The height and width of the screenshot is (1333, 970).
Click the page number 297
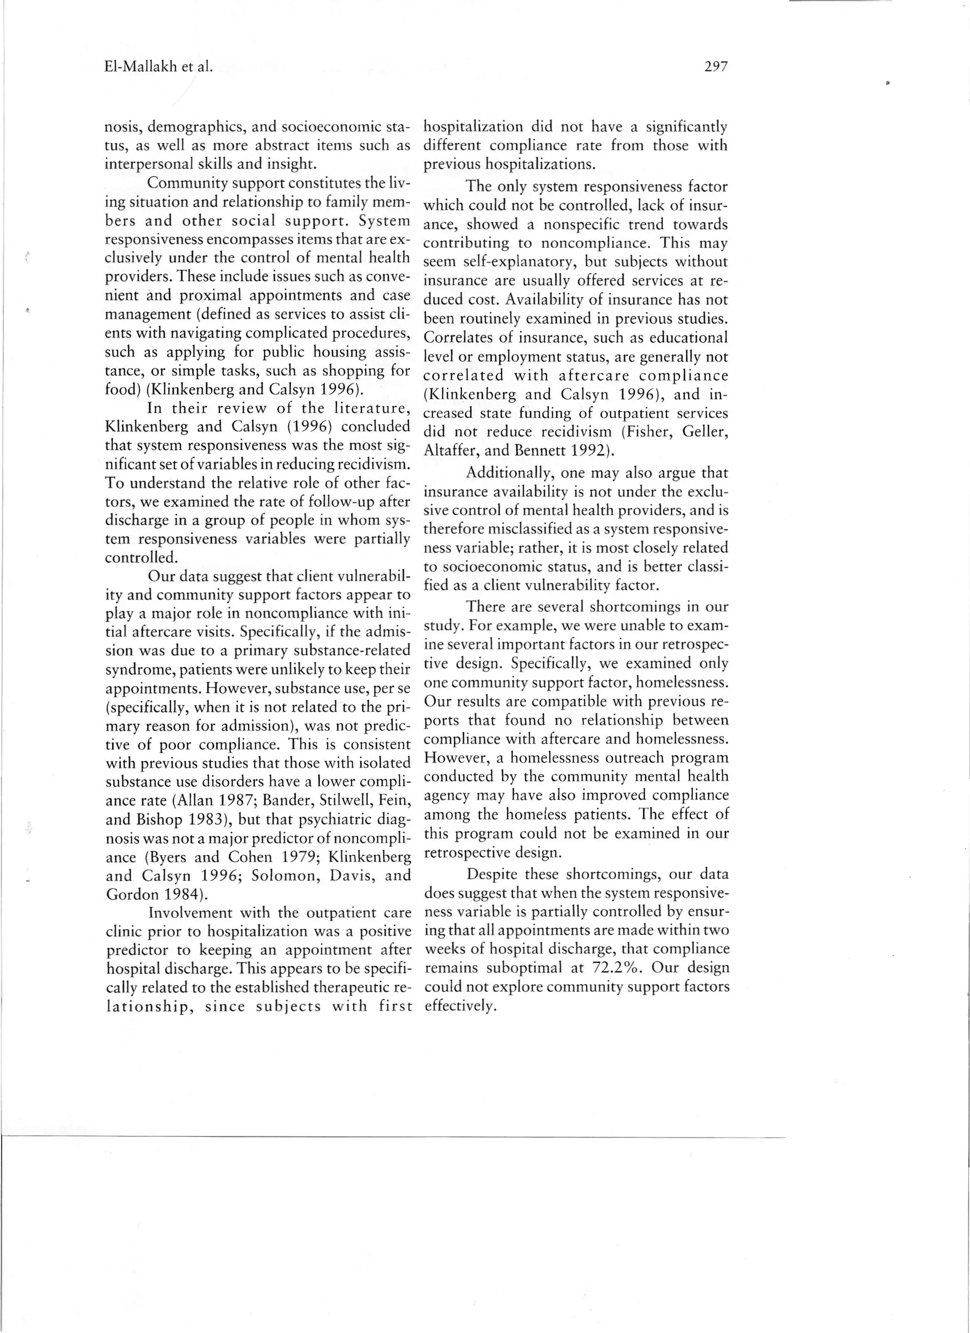[x=716, y=67]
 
